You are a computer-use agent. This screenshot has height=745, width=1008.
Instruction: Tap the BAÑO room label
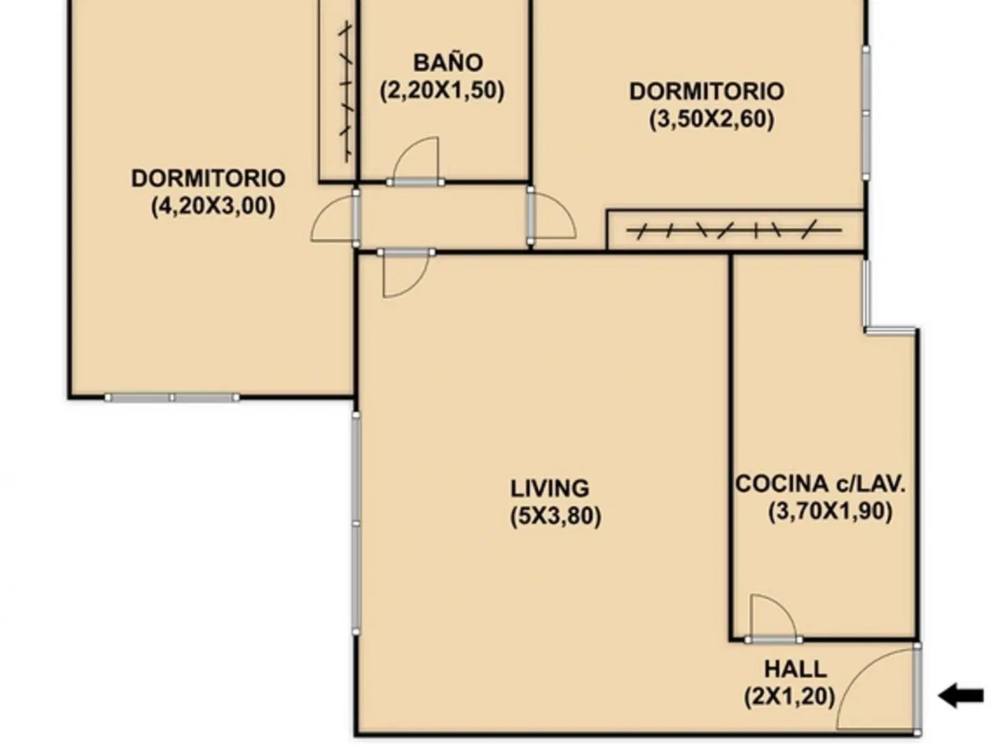coord(448,63)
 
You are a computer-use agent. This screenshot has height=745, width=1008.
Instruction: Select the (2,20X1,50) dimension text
coord(442,91)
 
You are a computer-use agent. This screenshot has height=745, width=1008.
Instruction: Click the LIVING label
coord(549,488)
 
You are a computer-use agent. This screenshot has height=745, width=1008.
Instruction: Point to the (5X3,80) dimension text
coord(555,516)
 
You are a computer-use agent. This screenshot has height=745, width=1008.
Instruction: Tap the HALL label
coord(795,669)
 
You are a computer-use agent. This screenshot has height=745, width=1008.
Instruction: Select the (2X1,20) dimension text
coord(789,697)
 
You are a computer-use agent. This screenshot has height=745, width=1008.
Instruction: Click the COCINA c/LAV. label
coord(820,484)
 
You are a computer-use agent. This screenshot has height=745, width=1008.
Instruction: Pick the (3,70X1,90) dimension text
coord(830,511)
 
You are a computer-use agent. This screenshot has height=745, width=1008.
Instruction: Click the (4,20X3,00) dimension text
coord(213,206)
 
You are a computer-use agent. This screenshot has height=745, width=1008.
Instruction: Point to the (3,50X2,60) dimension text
coord(711,119)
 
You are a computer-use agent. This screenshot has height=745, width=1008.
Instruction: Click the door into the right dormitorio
coord(551,217)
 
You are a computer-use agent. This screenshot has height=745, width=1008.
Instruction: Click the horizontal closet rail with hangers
coord(734,230)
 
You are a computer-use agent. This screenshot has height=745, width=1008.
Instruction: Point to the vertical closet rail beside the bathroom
coord(346,91)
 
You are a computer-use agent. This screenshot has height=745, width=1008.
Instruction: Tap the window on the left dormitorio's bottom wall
coord(172,398)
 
